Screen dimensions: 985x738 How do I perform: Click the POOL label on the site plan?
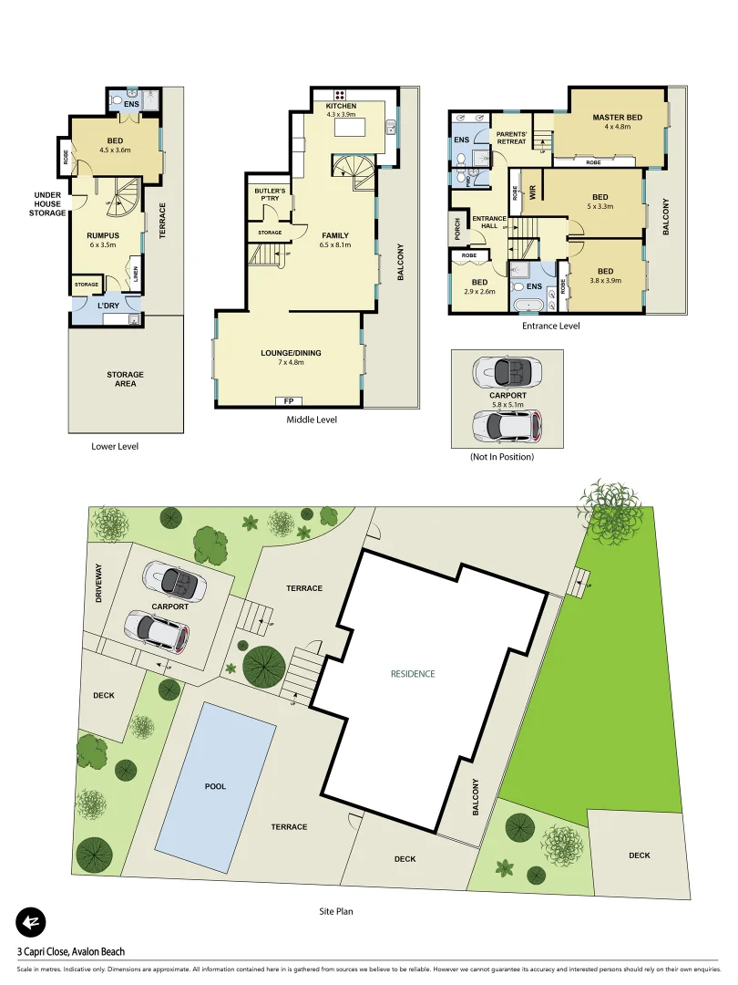[216, 786]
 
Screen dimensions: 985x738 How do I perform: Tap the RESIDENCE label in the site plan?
[413, 674]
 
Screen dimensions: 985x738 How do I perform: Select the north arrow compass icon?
[30, 923]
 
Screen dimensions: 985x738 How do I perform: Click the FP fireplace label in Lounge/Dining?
[289, 400]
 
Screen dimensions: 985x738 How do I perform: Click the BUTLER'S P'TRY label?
[270, 194]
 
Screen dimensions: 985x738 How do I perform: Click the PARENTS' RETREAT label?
[511, 139]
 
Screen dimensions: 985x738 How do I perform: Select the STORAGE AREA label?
[125, 378]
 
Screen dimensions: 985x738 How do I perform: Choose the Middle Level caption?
[312, 420]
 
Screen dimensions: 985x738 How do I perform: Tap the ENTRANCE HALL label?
[489, 223]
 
